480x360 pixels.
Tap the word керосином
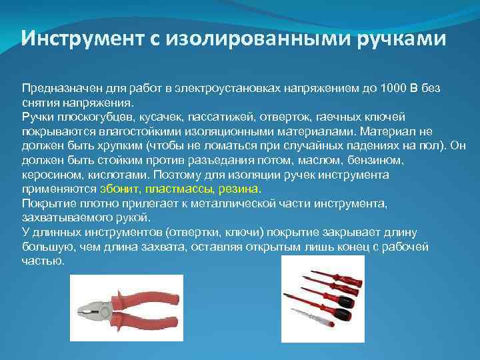coord(48,175)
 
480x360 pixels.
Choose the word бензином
coord(363,160)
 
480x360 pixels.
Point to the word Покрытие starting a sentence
coord(47,203)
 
